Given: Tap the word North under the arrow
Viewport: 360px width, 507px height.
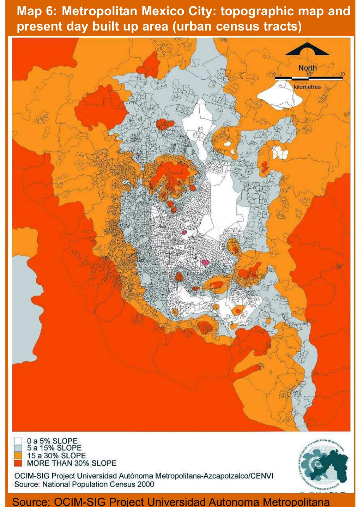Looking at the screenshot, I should (307, 68).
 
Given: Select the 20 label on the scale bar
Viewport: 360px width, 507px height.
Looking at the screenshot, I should (342, 74).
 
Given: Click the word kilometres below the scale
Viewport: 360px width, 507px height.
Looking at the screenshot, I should (307, 87).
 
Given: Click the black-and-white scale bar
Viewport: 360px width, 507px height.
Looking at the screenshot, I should (309, 78).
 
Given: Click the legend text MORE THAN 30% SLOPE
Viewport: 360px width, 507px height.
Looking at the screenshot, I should (71, 463).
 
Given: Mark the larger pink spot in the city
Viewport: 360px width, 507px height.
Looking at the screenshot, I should (206, 262).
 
